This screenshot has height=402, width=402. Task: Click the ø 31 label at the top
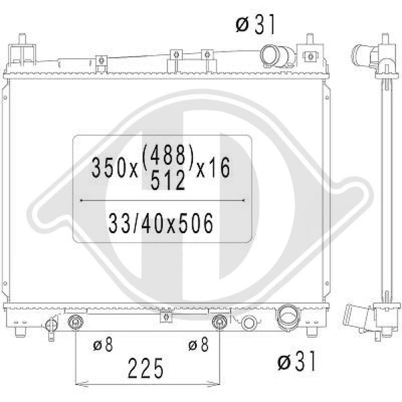click(x=255, y=24)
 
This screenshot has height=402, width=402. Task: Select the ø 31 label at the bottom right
click(x=296, y=361)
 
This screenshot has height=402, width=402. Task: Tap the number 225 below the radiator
click(x=145, y=368)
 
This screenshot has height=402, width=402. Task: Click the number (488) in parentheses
click(x=167, y=155)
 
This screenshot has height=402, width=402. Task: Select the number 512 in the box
click(x=168, y=180)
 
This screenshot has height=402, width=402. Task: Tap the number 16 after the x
click(x=222, y=168)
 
